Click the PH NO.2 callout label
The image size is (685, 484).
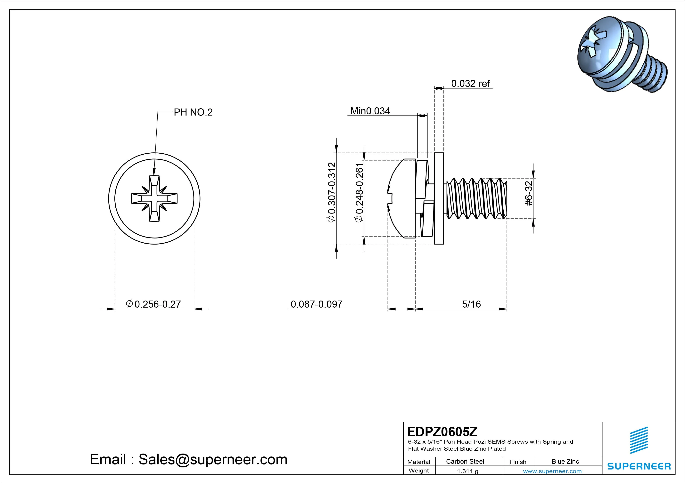click(x=193, y=112)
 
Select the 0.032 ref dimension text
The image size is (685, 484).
click(x=470, y=84)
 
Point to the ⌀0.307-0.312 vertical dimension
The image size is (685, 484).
click(x=332, y=192)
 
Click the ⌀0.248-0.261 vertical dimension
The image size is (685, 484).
click(x=359, y=192)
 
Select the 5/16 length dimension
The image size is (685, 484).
click(x=471, y=304)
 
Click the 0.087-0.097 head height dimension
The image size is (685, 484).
click(x=316, y=304)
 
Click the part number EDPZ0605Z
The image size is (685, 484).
click(x=442, y=432)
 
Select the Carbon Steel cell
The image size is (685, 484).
click(x=465, y=462)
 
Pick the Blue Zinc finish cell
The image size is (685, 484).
click(x=565, y=462)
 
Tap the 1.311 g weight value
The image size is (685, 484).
click(x=467, y=471)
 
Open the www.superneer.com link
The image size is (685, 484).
click(x=552, y=471)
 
